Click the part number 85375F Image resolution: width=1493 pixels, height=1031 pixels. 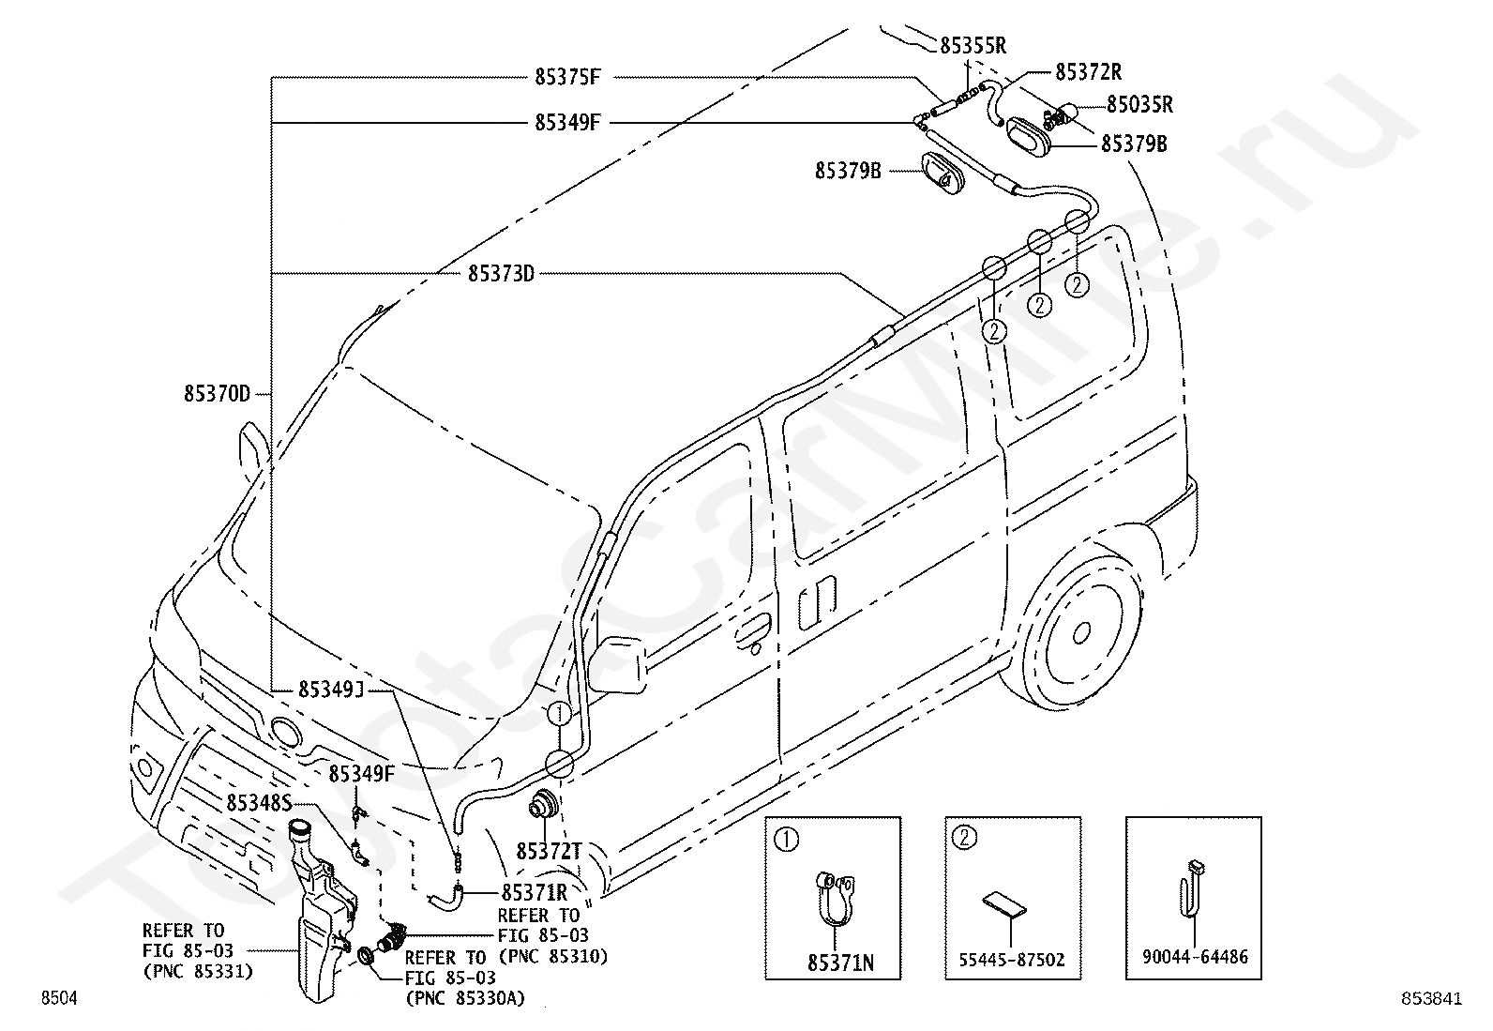pyautogui.click(x=567, y=77)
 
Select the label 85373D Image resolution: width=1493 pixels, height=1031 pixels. pyautogui.click(x=501, y=273)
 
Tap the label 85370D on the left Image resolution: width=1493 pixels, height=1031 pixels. pyautogui.click(x=217, y=393)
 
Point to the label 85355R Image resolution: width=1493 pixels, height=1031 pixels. pyautogui.click(x=973, y=45)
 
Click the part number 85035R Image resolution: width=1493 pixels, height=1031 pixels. pyautogui.click(x=1139, y=104)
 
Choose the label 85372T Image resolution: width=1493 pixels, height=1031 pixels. pyautogui.click(x=550, y=852)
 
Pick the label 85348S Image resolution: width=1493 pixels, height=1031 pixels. pyautogui.click(x=259, y=803)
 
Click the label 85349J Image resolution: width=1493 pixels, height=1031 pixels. pyautogui.click(x=331, y=689)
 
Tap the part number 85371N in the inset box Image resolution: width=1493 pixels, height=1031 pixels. pyautogui.click(x=840, y=963)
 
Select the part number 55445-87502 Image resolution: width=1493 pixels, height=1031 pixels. pyautogui.click(x=1012, y=960)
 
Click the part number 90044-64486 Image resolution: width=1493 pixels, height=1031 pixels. pyautogui.click(x=1195, y=957)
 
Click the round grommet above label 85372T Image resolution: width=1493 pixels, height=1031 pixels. pyautogui.click(x=544, y=804)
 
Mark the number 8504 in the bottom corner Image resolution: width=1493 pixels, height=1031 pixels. pyautogui.click(x=59, y=997)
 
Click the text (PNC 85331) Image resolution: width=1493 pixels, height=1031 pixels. pyautogui.click(x=198, y=972)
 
